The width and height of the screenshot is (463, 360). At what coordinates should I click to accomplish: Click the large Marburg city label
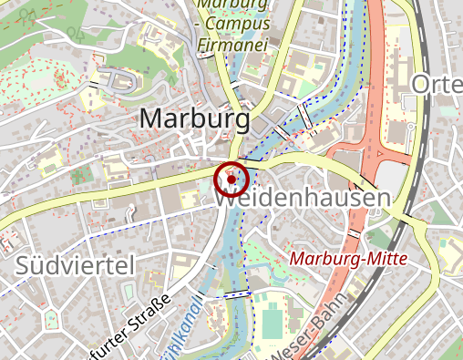pos(195,119)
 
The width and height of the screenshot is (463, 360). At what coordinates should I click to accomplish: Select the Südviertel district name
pos(75,266)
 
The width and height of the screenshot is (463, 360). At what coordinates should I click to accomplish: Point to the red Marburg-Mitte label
pos(346,260)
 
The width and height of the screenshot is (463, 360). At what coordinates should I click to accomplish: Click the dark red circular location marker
pos(231,179)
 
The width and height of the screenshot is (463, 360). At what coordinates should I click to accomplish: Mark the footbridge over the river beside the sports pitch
pos(235,294)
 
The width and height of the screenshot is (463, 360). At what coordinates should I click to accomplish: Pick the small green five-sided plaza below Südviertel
pos(49,320)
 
